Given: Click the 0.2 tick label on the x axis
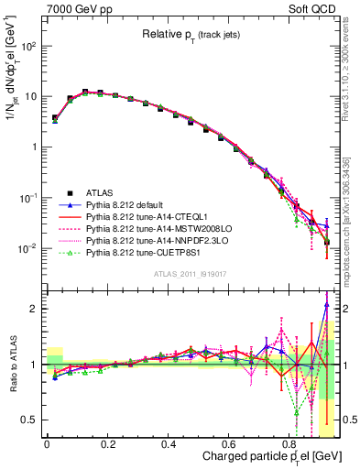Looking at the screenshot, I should (107, 441).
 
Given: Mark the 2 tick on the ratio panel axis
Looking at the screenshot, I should (34, 309).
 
